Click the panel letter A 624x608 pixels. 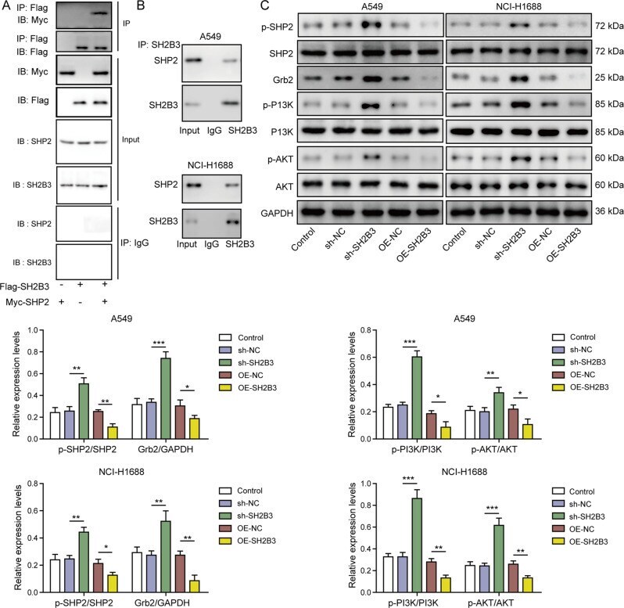6,7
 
